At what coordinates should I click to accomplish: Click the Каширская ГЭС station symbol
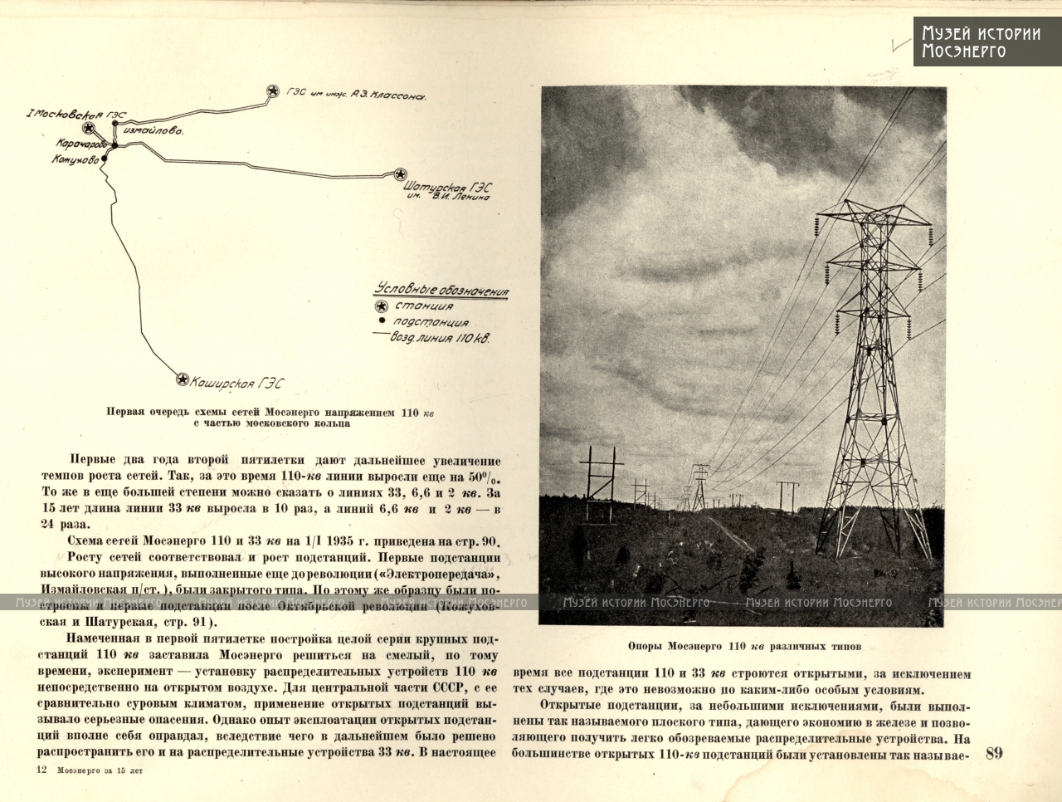(183, 379)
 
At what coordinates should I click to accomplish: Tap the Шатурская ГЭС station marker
(400, 174)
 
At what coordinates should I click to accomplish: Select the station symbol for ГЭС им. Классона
(272, 91)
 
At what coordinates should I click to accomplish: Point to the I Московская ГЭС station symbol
(89, 128)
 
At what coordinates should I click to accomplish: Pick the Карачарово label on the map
(80, 144)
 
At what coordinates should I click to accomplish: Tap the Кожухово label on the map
(76, 159)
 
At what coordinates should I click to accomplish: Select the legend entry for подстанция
(430, 322)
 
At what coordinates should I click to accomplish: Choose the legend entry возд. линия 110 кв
(441, 338)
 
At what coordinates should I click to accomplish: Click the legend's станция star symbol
(382, 306)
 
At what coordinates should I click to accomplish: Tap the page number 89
(994, 753)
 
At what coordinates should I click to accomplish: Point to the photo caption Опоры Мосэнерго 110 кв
(744, 646)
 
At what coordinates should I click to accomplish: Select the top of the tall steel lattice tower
(874, 206)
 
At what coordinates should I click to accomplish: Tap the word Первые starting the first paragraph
(92, 460)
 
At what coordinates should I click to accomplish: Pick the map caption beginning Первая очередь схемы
(270, 417)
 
